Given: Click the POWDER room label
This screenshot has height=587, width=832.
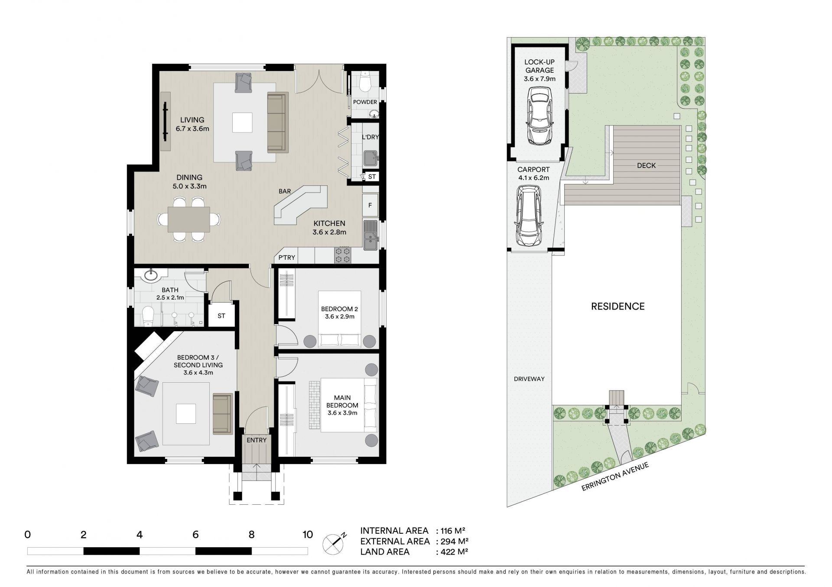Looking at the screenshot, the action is point(365,102).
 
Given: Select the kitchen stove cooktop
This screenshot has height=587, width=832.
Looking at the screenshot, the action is point(343,255).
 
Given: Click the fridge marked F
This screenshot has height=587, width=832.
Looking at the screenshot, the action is point(370,205).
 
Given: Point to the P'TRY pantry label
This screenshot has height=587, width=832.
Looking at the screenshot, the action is point(286,258).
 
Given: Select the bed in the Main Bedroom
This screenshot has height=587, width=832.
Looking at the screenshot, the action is point(349,405).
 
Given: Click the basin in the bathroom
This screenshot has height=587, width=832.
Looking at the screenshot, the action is point(152,274).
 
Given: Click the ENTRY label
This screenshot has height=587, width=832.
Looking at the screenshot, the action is point(257,440).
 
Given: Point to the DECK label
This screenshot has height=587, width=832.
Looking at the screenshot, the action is point(647,165).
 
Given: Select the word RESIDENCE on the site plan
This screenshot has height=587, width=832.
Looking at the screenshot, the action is point(618,306).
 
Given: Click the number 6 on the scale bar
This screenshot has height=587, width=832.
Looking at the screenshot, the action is point(195,535).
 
